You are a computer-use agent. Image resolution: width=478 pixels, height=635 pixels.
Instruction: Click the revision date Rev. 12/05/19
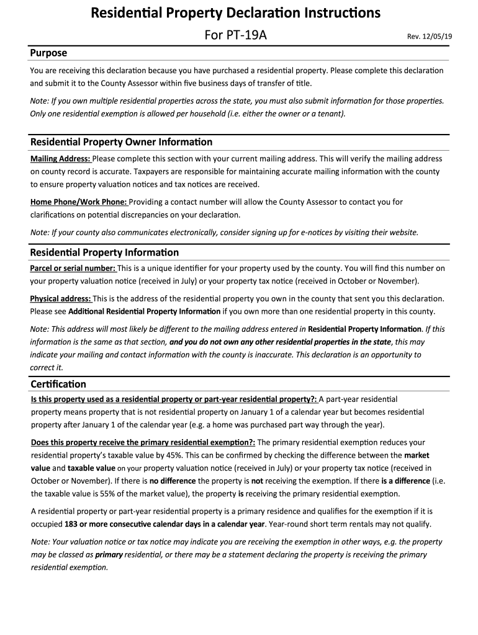click(430, 37)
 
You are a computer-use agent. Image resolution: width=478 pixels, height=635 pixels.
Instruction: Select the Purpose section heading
click(48, 53)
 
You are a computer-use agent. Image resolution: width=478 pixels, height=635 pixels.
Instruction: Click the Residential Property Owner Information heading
click(121, 142)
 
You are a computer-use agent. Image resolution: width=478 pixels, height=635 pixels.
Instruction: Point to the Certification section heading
click(58, 384)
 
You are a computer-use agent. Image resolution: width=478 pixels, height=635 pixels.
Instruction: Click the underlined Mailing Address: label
click(60, 159)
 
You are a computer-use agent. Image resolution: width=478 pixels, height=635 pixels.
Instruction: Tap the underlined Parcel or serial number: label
click(73, 269)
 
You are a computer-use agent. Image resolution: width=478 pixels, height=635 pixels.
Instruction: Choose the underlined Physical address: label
click(60, 298)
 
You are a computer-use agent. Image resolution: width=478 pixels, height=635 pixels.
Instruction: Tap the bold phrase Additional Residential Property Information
click(144, 311)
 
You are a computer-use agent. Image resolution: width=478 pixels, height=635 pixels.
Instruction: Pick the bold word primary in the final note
click(109, 554)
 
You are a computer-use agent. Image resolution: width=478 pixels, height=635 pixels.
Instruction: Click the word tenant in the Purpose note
click(329, 113)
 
